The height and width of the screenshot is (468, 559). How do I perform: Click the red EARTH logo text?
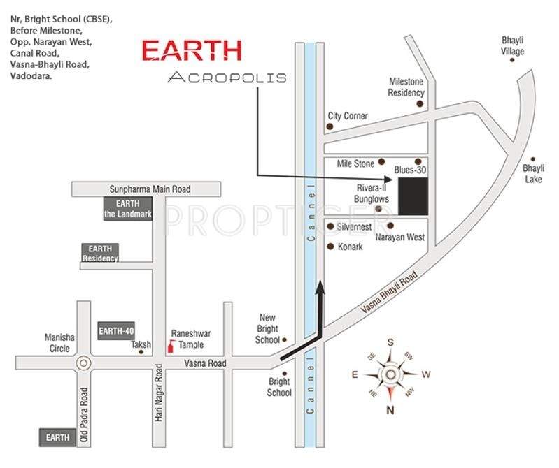[192, 51]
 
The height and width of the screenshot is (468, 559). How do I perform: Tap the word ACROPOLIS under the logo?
[227, 78]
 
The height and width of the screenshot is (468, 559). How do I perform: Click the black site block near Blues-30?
[413, 196]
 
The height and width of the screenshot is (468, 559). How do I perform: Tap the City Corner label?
[348, 116]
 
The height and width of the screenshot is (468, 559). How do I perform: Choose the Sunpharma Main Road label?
[150, 189]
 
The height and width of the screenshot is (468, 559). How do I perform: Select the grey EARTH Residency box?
[101, 253]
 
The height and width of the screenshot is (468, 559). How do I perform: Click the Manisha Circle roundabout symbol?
[85, 363]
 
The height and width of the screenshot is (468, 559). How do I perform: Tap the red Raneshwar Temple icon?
[169, 346]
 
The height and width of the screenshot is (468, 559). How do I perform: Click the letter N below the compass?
[390, 409]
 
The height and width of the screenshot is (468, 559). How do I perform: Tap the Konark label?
[350, 247]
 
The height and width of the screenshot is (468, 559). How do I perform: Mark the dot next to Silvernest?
[330, 226]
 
